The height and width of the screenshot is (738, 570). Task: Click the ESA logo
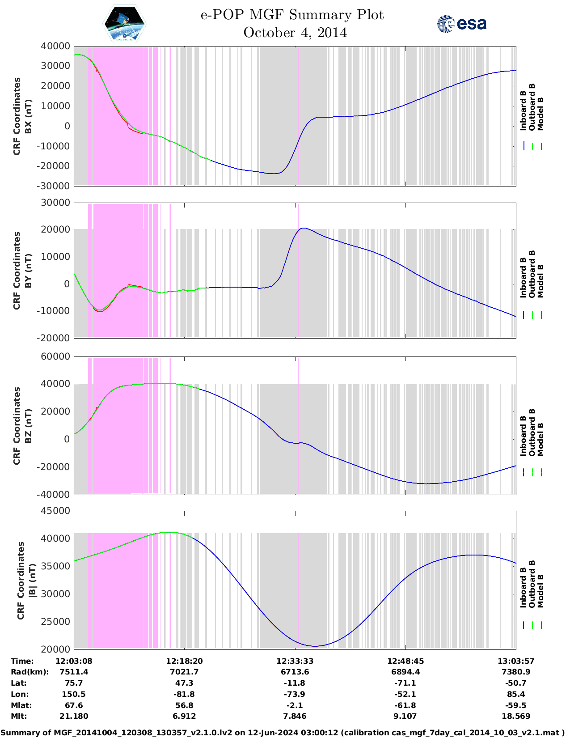point(461,24)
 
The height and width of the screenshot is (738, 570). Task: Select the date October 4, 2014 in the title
point(295,33)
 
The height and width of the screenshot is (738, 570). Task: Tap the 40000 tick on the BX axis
point(55,46)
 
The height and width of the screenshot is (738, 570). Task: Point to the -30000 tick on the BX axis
point(54,186)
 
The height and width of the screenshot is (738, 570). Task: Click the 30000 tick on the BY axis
point(55,203)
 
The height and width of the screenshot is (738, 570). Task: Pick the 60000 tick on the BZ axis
point(55,356)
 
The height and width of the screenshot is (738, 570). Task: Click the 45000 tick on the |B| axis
point(55,511)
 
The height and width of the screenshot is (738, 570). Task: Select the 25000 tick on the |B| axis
point(55,621)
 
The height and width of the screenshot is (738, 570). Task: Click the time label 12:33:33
point(295,661)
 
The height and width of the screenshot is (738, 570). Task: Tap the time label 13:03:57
point(516,661)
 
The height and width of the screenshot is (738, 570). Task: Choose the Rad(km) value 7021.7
point(184,672)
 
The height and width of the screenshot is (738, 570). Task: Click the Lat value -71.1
point(405,683)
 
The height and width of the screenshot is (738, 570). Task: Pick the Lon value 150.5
point(74,694)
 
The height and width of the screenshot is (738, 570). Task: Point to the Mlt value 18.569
point(516,716)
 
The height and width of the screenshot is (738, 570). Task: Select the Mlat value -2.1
point(295,705)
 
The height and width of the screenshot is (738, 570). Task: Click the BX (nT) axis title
point(28,116)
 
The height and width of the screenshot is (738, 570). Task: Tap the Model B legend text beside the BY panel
point(540,281)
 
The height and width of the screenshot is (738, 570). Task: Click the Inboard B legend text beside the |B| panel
point(523,587)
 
